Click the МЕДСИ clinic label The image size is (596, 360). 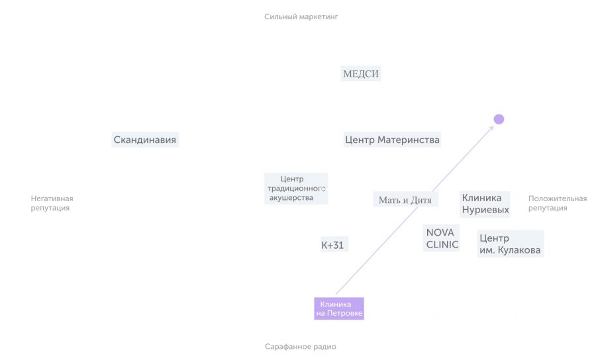(361, 73)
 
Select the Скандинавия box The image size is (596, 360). (145, 140)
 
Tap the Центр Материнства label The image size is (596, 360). (392, 140)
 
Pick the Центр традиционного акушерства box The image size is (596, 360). (296, 189)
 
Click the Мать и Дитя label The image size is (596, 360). (405, 199)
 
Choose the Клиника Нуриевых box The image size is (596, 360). (485, 204)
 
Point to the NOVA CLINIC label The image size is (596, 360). (442, 238)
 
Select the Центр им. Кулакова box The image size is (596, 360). (510, 244)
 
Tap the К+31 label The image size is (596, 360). (334, 245)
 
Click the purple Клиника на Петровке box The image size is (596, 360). (339, 308)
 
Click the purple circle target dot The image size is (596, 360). (499, 119)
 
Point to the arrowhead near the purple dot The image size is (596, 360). (492, 128)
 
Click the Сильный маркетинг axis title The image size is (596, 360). (301, 17)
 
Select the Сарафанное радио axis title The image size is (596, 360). (300, 346)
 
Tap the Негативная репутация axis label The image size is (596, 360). (52, 203)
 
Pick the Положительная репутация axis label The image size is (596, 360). (557, 203)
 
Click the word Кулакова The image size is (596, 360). (519, 250)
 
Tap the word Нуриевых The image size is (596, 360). (485, 210)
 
